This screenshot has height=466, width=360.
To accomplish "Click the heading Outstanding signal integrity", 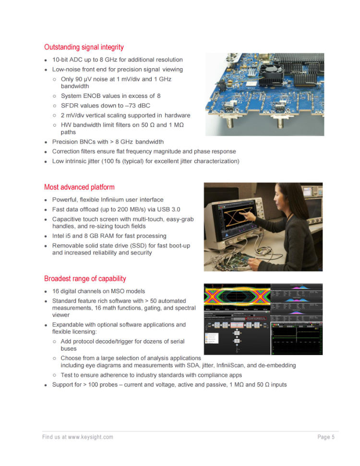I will click(x=84, y=47).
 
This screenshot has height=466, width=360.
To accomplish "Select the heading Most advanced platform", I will click(x=79, y=187).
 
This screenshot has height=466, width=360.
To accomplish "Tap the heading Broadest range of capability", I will click(x=85, y=279).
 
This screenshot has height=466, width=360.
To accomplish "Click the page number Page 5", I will click(x=326, y=437).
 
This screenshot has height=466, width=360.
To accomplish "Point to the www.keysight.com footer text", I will click(x=90, y=437).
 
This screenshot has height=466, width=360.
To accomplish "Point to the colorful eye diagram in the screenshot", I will click(x=237, y=297).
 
